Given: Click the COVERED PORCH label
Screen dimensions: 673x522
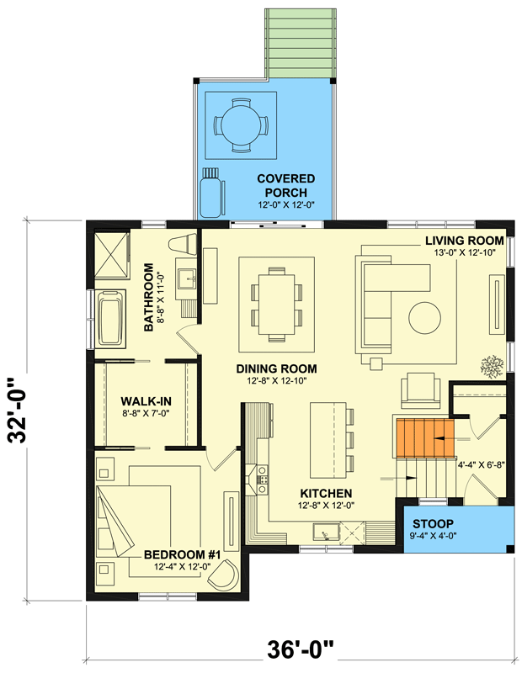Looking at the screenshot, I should [286, 185].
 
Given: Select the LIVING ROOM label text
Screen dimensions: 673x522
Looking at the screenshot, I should [470, 241].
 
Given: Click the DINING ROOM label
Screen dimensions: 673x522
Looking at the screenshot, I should [276, 368].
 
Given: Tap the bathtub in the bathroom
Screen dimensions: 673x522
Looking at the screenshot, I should [111, 317].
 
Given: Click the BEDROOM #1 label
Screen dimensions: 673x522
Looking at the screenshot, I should [182, 554].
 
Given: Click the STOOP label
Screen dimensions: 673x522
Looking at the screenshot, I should [456, 523].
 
